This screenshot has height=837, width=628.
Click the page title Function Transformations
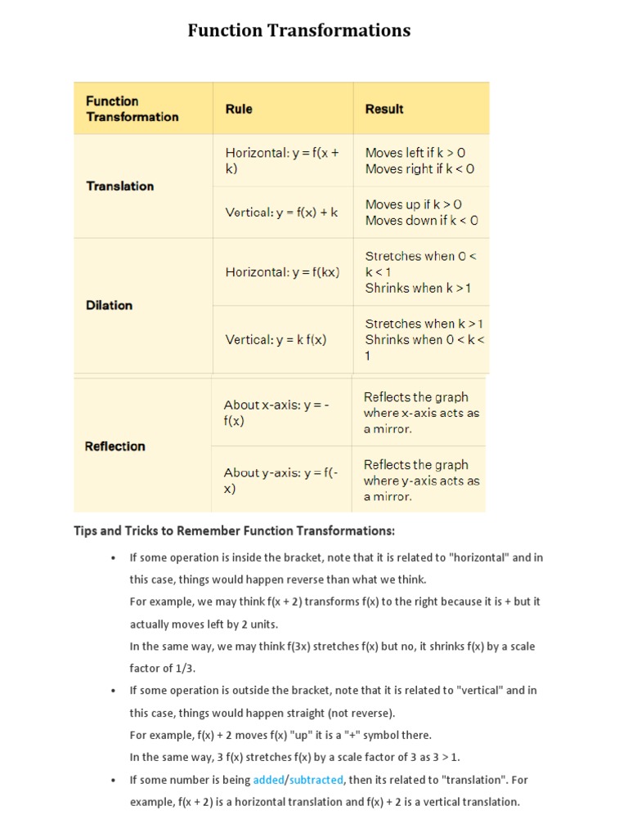coord(298,31)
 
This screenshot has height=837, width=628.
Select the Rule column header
coord(239,109)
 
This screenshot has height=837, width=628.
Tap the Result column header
coord(384,109)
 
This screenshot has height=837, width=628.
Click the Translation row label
coord(119,186)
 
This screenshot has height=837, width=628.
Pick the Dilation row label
coord(109,305)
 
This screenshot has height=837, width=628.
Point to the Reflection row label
coord(114,446)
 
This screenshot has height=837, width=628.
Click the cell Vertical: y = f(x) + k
coord(281,213)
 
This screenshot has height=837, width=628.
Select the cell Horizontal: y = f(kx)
coord(282,272)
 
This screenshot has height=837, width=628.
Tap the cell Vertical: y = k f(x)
coord(276,340)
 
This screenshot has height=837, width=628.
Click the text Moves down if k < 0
coord(422,221)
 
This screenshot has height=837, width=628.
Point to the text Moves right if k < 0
coord(419,169)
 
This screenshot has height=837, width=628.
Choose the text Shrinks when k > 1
coord(418,289)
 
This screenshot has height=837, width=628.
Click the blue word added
coord(268,780)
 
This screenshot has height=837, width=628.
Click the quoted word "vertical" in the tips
coord(474,690)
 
